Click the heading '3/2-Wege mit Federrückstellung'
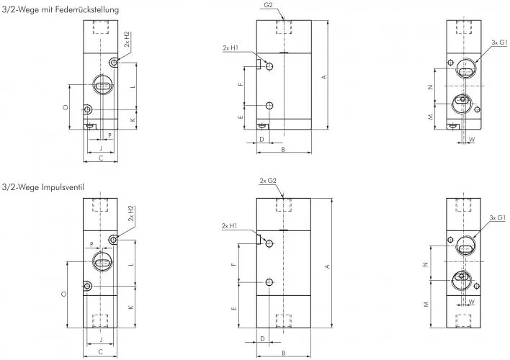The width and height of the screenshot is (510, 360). pos(61,9)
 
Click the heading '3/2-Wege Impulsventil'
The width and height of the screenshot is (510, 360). pos(44,187)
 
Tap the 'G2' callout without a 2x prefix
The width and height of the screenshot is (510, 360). pos(268,5)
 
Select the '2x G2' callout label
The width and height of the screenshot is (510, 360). pos(268,180)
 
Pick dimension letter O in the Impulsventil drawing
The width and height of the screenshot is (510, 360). pos(64,294)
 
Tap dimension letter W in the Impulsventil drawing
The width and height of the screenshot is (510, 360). pos(472,302)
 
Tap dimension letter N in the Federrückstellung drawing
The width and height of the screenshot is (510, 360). pos(430,87)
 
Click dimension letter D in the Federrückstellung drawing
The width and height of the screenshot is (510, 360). pos(261,138)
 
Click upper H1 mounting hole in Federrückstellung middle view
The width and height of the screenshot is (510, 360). pos(269,66)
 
